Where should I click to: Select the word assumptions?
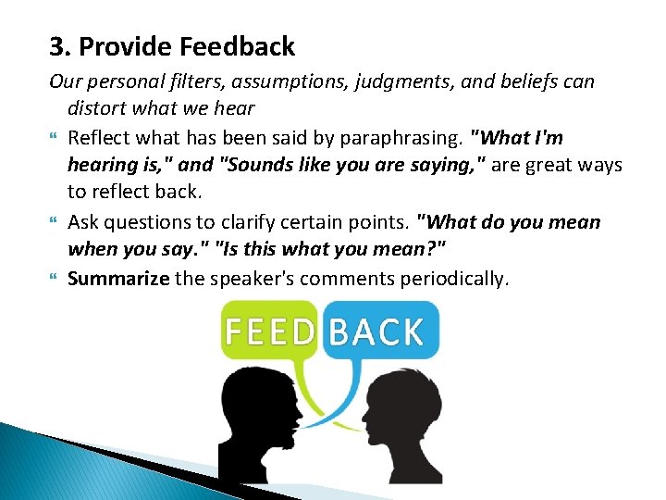[x=299, y=81]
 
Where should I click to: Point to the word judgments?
[x=419, y=81]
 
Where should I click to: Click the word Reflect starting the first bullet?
[x=99, y=138]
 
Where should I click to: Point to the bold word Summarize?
[x=118, y=278]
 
